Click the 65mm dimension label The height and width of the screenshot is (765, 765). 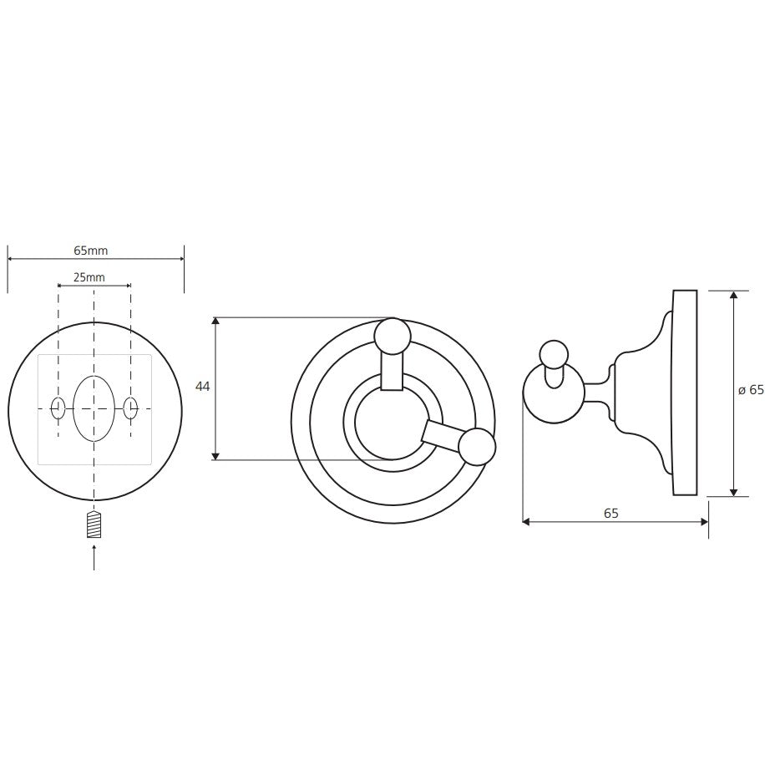pyautogui.click(x=91, y=251)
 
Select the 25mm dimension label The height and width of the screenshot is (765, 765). pyautogui.click(x=89, y=277)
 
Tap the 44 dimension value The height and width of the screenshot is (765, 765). pyautogui.click(x=202, y=387)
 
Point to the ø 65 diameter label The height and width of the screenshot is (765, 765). pyautogui.click(x=750, y=390)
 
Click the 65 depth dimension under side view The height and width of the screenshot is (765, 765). pyautogui.click(x=610, y=514)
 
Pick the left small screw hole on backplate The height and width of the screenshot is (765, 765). pyautogui.click(x=58, y=408)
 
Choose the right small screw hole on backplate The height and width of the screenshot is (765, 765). pyautogui.click(x=131, y=408)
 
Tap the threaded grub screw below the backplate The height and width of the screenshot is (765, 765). pyautogui.click(x=94, y=524)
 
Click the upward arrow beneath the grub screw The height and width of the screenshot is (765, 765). pyautogui.click(x=94, y=557)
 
